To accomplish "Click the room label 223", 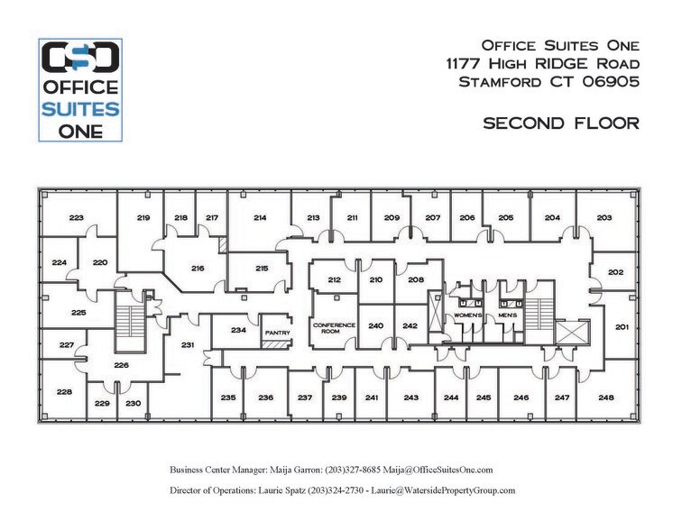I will [77, 218].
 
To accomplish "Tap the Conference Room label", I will [334, 327].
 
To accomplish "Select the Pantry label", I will [274, 333].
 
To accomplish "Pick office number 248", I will [606, 397].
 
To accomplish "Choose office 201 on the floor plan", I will [622, 326].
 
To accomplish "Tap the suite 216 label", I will [198, 268].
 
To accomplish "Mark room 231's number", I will [189, 345].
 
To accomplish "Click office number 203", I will [604, 218].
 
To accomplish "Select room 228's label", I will [64, 392].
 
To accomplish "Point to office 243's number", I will [411, 397].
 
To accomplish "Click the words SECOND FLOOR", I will [561, 123].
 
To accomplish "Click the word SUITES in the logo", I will [81, 109].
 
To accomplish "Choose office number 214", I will [260, 218].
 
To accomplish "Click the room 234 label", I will [238, 330].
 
